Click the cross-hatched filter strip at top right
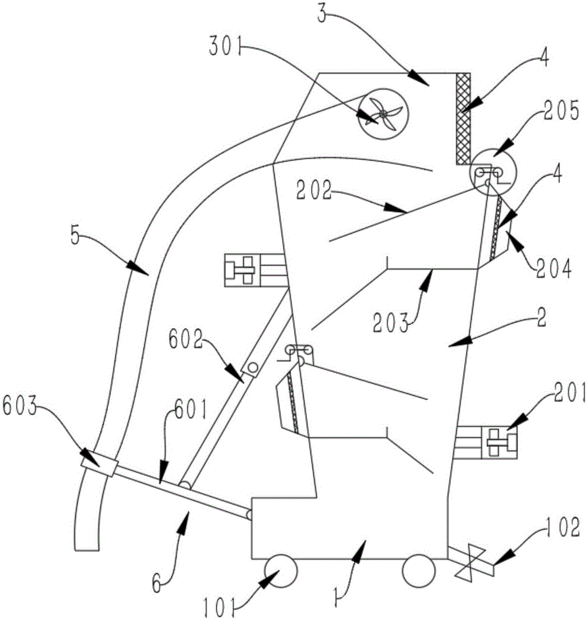coord(463,118)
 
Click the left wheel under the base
coord(281,571)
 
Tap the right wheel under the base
coord(417,571)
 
